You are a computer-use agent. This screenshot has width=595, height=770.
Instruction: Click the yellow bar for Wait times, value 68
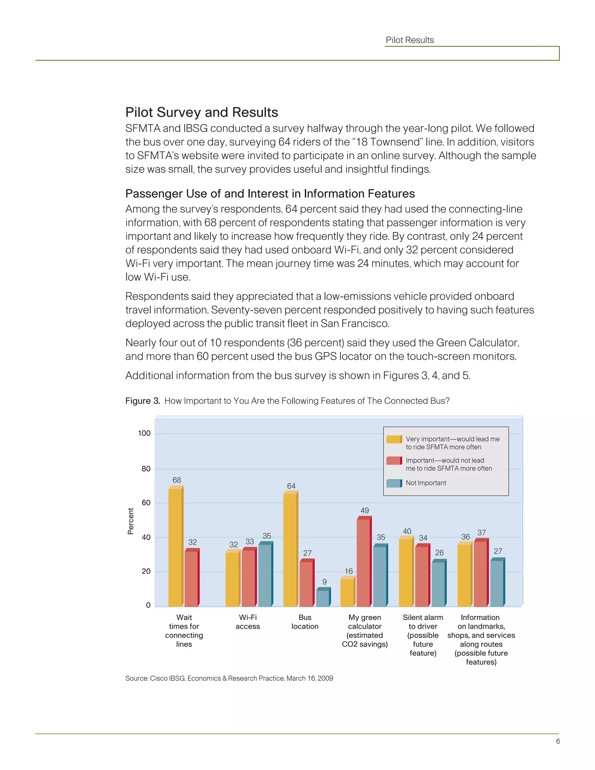[175, 547]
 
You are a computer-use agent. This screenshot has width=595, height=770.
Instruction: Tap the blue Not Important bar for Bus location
[322, 598]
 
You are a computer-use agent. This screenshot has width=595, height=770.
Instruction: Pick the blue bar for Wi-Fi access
[265, 575]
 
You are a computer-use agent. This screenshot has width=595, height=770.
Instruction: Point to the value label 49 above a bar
[365, 511]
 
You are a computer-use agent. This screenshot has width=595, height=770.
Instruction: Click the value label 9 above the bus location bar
[324, 582]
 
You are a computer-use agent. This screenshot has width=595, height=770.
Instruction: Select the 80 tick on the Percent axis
[146, 469]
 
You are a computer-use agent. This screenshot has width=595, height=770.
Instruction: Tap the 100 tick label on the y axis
[144, 433]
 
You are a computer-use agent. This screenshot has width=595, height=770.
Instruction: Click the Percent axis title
[131, 521]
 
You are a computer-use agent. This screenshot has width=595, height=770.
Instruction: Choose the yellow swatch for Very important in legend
[394, 439]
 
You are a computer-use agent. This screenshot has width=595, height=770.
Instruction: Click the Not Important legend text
[426, 483]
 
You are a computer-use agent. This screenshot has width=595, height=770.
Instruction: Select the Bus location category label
[305, 622]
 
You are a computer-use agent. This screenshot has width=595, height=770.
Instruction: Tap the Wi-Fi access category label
[248, 622]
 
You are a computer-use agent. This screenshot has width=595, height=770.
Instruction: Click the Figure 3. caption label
[143, 401]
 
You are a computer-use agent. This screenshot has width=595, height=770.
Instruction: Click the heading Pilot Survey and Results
[202, 112]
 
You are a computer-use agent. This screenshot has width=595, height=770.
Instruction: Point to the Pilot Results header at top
[410, 40]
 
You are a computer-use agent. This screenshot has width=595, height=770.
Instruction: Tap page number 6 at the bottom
[558, 741]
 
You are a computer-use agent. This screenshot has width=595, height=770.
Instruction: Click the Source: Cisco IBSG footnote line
[229, 678]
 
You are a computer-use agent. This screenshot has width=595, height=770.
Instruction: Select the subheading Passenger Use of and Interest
[270, 194]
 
